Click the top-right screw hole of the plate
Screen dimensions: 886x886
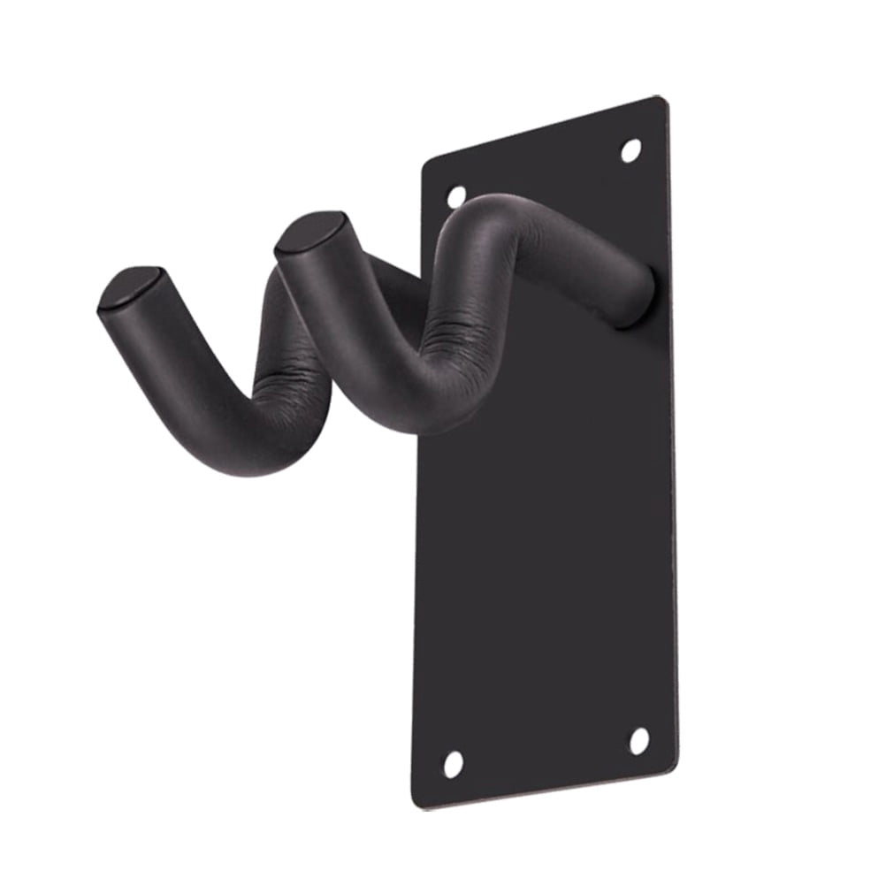click(x=630, y=150)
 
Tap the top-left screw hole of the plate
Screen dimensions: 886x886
click(x=456, y=195)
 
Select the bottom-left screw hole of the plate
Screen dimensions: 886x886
click(x=453, y=762)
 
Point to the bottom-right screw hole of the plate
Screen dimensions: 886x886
click(x=638, y=741)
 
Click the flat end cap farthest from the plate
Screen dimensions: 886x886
click(x=130, y=288)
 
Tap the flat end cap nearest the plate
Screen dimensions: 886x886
click(x=309, y=233)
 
